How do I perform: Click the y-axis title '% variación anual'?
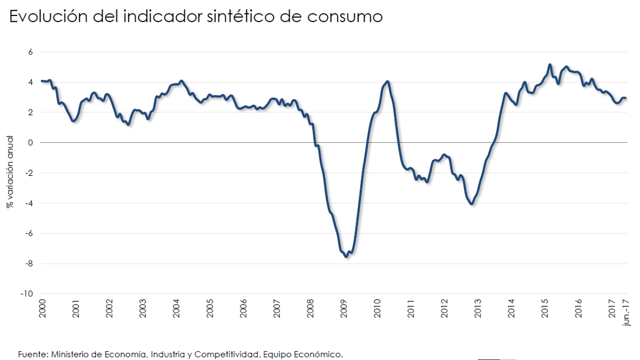(x=10, y=172)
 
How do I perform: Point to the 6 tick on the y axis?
(x=30, y=52)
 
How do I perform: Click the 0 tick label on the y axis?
(x=30, y=142)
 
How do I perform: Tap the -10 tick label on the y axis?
(x=27, y=293)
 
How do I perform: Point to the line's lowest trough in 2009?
(x=346, y=256)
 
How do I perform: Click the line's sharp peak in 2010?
(x=388, y=81)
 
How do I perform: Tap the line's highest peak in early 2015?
(x=550, y=65)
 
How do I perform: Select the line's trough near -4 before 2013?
(x=471, y=204)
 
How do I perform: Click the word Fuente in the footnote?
(x=32, y=354)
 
